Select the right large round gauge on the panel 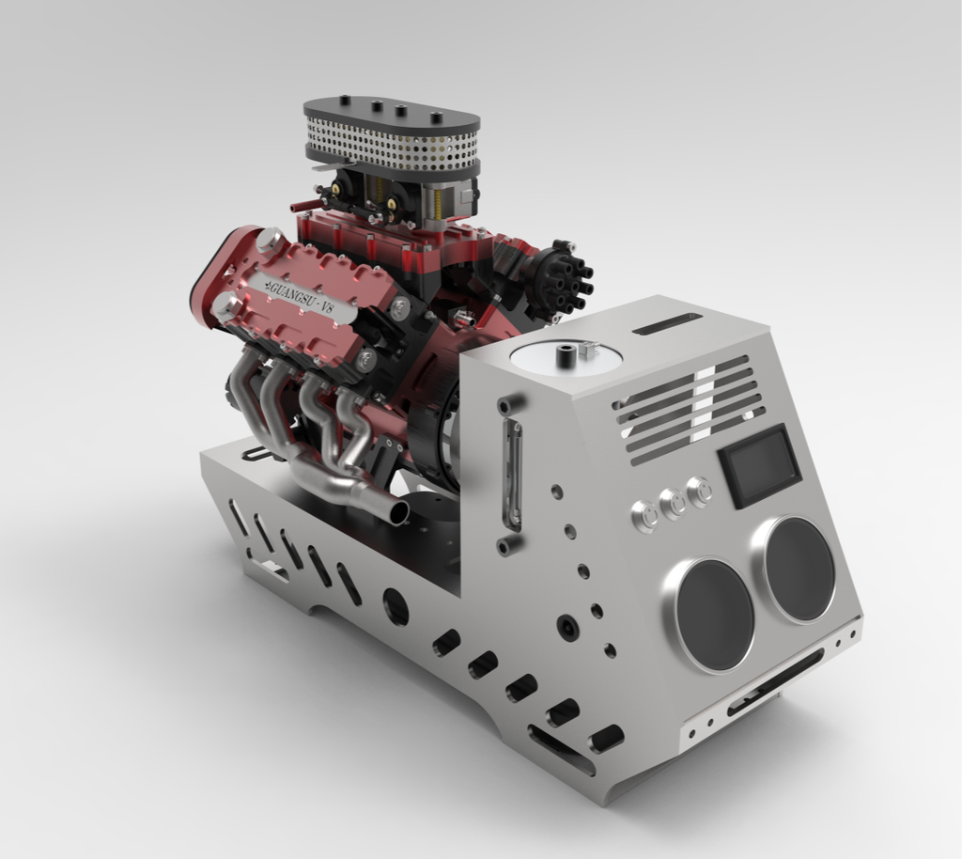point(799,568)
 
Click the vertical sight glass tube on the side point(513,475)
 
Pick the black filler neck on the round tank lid point(566,356)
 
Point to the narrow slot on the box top point(667,323)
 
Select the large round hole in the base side point(396,606)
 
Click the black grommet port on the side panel point(566,626)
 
